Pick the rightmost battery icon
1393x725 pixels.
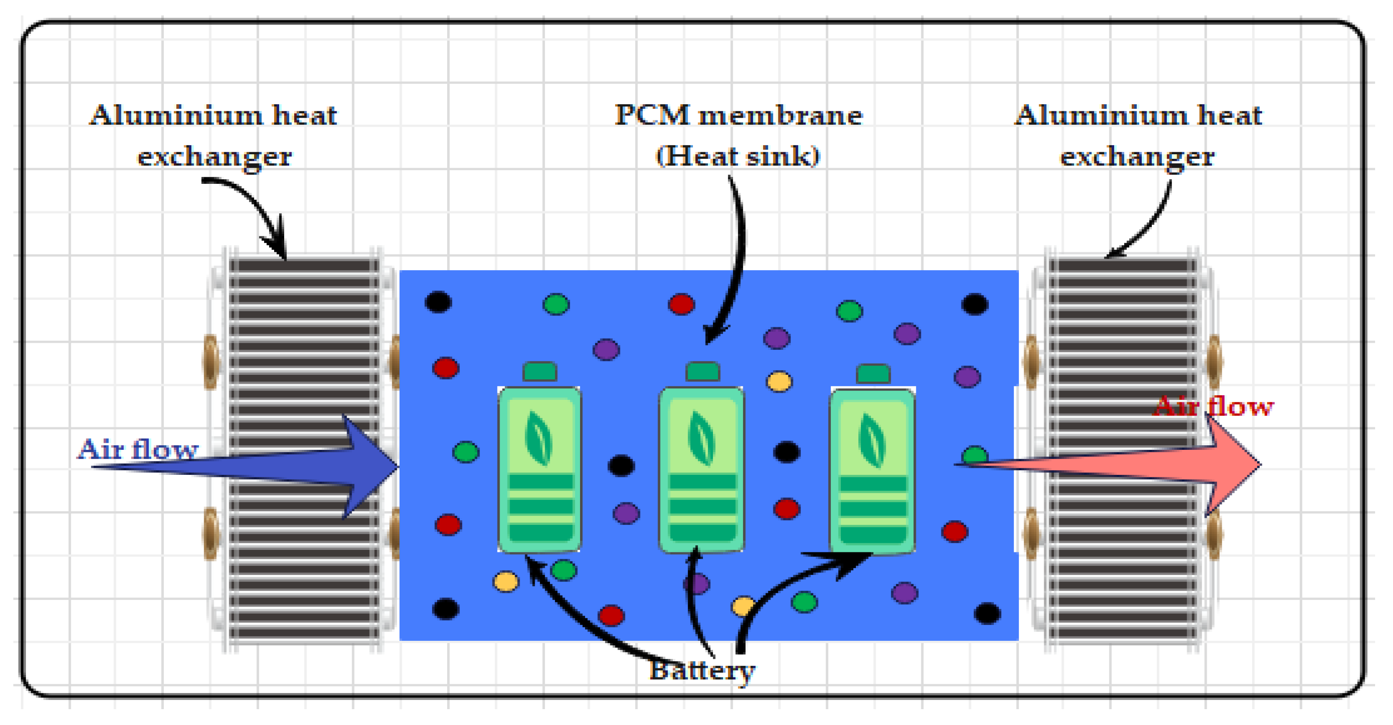[x=872, y=471]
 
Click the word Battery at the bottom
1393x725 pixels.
[x=701, y=671]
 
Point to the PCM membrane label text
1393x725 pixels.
[x=738, y=115]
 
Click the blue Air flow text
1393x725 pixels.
[x=138, y=449]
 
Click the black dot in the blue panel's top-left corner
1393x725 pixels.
[x=438, y=302]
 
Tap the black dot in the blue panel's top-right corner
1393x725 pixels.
[x=975, y=304]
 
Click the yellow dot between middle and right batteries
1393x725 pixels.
[x=779, y=381]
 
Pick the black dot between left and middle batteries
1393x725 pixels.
[x=621, y=465]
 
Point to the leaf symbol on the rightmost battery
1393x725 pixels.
[x=872, y=440]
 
